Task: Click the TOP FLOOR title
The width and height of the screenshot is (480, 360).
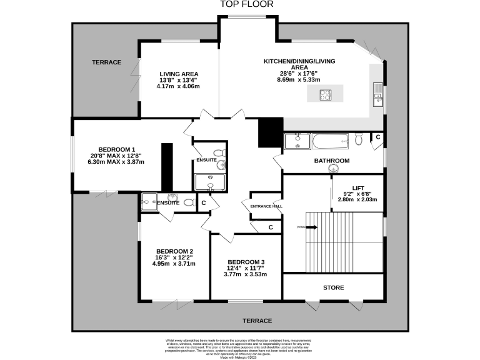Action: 240,5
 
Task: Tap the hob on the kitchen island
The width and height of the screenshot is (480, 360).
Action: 326,95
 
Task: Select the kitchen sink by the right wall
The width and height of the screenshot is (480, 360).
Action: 378,99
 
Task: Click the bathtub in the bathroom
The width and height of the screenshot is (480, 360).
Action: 331,142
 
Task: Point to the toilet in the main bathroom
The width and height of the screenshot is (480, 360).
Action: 359,139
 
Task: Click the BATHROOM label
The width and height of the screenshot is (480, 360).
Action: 331,161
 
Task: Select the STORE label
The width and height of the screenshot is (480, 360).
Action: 333,288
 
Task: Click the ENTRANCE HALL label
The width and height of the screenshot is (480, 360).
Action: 266,206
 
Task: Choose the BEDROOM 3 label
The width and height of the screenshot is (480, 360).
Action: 246,262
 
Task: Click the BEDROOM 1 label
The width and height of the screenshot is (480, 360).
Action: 117,149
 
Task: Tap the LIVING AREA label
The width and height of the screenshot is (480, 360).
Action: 178,74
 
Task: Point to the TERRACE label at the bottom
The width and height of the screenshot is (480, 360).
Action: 257,321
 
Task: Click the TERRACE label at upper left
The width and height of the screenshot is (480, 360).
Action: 106,62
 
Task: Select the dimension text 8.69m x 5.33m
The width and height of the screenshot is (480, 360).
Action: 300,80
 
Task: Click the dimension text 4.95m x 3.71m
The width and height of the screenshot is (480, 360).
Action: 174,264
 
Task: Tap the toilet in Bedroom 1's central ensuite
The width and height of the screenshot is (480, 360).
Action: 218,152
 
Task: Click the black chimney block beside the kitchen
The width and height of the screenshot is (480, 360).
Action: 270,132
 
